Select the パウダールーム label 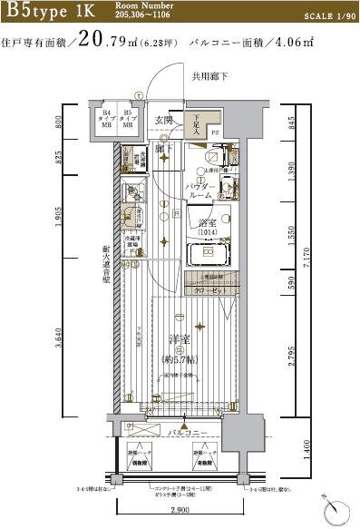click(x=200, y=191)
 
